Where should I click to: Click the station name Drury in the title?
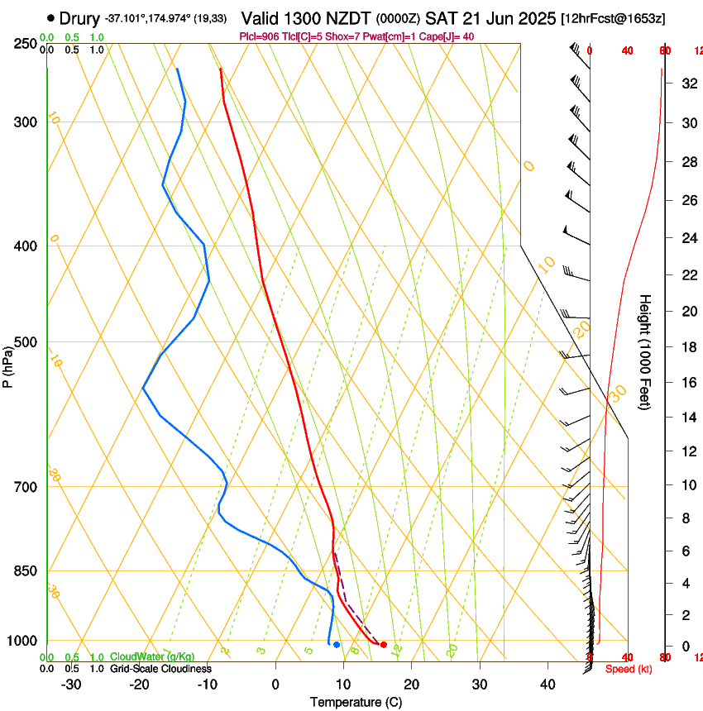(x=80, y=17)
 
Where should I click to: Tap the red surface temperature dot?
(x=383, y=644)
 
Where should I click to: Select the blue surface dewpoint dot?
(x=337, y=644)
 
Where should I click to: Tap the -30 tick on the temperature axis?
(x=71, y=684)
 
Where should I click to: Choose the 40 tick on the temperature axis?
(x=547, y=684)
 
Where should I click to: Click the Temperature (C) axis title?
(x=356, y=702)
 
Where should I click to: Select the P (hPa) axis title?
(x=7, y=365)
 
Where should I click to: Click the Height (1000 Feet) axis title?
(x=645, y=352)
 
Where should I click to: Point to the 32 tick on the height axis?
(x=686, y=84)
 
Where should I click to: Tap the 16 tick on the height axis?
(x=686, y=383)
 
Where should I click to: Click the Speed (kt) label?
(x=629, y=669)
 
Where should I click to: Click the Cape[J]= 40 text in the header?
(x=450, y=37)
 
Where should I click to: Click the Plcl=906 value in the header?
(x=260, y=37)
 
